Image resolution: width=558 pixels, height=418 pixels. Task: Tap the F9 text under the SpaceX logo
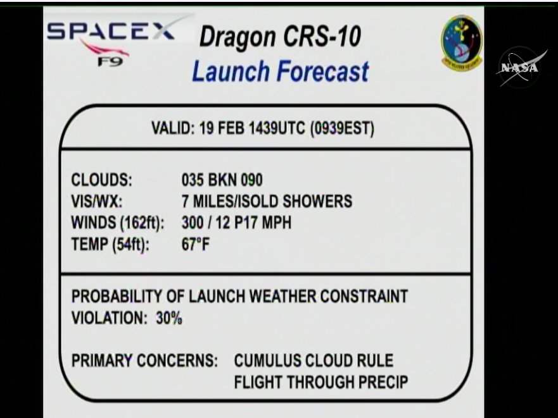click(x=110, y=62)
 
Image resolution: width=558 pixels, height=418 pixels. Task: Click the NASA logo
click(x=521, y=67)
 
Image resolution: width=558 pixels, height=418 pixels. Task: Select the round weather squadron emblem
click(x=462, y=42)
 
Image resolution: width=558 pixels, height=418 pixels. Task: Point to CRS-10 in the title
click(x=322, y=36)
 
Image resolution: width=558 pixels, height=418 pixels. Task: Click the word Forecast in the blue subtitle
click(x=323, y=71)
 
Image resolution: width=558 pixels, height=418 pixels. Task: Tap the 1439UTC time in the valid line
click(x=277, y=128)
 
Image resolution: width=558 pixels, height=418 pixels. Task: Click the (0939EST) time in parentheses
click(x=343, y=128)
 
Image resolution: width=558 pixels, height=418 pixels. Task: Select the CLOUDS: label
click(x=102, y=180)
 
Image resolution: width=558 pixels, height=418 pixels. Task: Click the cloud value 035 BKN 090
click(x=222, y=180)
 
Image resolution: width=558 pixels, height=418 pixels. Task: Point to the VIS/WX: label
click(x=97, y=201)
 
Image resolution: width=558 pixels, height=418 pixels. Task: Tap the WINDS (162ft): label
click(x=118, y=223)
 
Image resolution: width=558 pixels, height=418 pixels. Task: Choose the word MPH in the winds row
click(x=277, y=223)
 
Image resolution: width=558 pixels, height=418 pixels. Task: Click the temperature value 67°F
click(x=195, y=244)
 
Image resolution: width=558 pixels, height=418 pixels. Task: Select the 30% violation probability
click(x=169, y=317)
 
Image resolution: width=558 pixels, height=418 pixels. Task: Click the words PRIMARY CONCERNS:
click(x=144, y=360)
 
